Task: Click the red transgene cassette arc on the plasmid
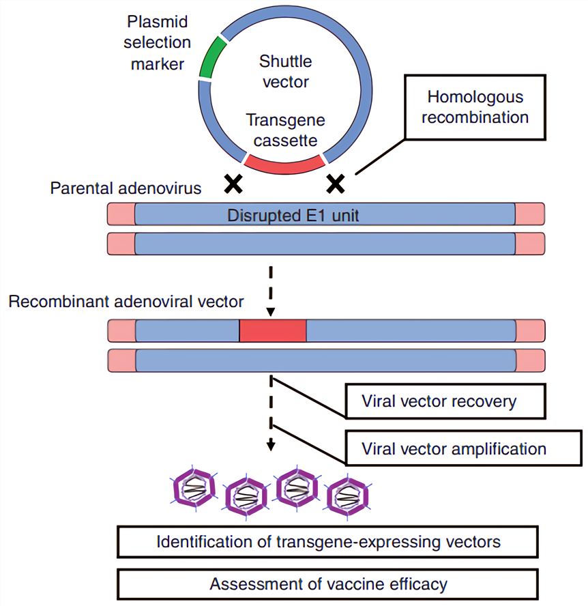[283, 163]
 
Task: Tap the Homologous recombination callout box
[475, 107]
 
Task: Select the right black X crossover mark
[336, 182]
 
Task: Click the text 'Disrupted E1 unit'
[293, 216]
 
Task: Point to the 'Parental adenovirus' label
[126, 188]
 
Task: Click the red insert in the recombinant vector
[272, 330]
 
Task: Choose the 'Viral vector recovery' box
[444, 401]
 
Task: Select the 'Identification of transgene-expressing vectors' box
[328, 542]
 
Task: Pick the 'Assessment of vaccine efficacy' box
[328, 584]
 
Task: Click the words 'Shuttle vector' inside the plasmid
[285, 72]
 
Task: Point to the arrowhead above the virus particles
[271, 447]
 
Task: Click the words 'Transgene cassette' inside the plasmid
[285, 130]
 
